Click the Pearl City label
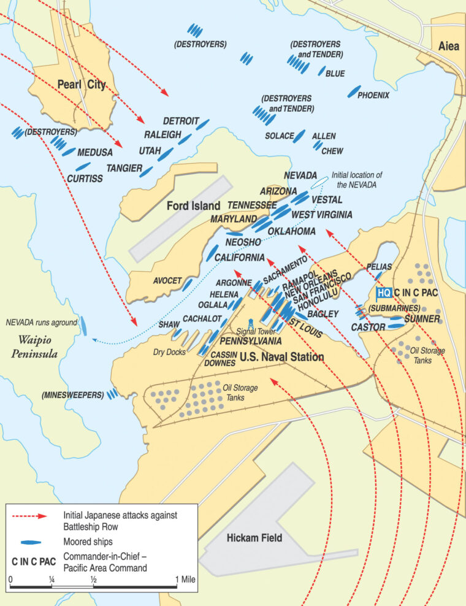coord(81,85)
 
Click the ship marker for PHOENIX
coord(353,91)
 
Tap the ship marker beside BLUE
coord(321,71)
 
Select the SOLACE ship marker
coord(299,136)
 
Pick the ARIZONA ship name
coord(278,191)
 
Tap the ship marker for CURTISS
coord(83,166)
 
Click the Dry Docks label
coord(170,352)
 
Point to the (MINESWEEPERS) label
coord(72,395)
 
